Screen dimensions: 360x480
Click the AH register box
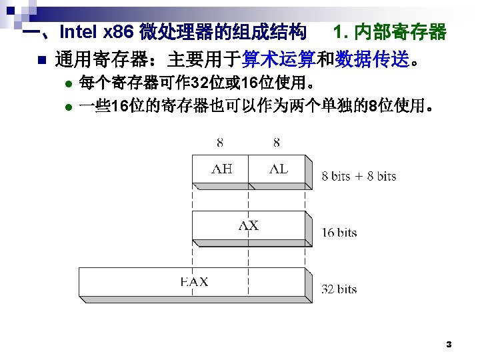tap(221, 169)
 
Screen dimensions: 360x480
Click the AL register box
tap(277, 169)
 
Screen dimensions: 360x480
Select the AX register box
tap(249, 226)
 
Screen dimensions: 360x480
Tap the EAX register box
tap(194, 282)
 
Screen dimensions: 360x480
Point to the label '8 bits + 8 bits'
tap(359, 177)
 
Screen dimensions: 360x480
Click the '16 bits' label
tap(339, 233)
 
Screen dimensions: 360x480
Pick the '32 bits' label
tap(339, 289)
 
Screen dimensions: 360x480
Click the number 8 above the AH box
tap(221, 142)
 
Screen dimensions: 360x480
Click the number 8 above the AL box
tap(277, 142)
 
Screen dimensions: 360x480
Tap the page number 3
tap(449, 345)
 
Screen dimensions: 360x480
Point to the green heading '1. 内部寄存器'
tap(389, 31)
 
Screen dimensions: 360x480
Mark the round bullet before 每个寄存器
tap(68, 85)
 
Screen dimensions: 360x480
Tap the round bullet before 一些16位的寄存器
tap(68, 107)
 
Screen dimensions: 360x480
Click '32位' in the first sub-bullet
tap(199, 85)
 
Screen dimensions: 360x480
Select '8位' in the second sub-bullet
tap(376, 107)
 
